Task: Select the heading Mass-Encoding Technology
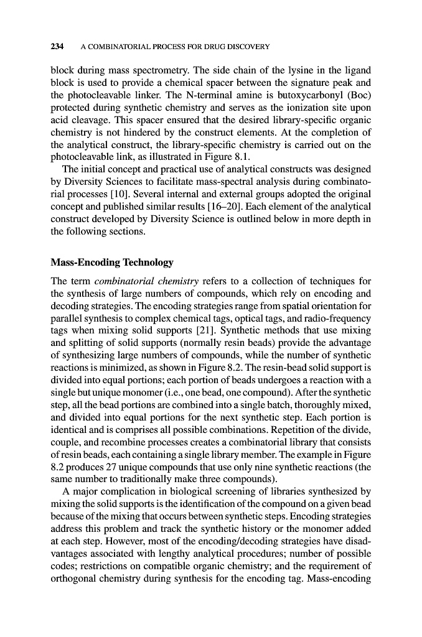point(111,263)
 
